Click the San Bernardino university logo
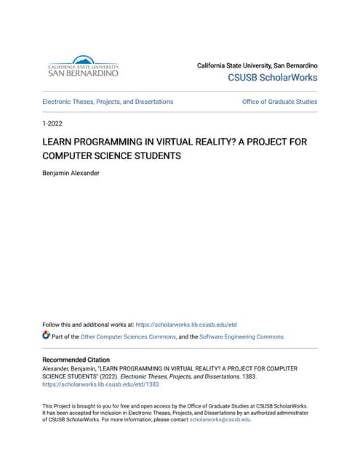(x=82, y=66)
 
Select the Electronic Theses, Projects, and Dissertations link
(x=108, y=102)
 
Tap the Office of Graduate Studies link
(x=279, y=102)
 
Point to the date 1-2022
(x=52, y=126)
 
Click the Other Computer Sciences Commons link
(x=127, y=337)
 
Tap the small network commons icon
(x=47, y=336)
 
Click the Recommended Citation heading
(x=76, y=360)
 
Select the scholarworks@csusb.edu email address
(x=220, y=419)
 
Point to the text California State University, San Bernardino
(x=257, y=65)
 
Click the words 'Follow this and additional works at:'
(x=88, y=325)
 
